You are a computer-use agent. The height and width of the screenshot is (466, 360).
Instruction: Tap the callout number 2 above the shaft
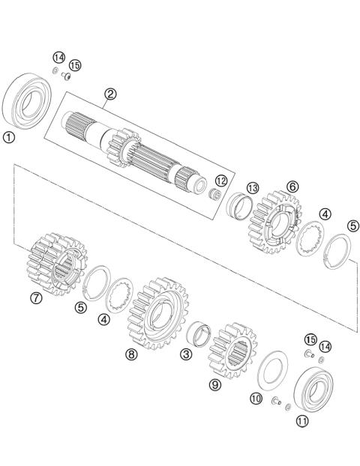point(110,94)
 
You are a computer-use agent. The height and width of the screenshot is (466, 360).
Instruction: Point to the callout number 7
point(36,297)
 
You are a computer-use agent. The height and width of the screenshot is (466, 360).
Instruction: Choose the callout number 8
point(131,354)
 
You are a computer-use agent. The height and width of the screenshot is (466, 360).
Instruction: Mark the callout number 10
point(256,399)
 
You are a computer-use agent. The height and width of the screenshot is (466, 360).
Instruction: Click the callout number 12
point(220,181)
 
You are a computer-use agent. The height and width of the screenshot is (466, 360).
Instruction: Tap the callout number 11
point(302,421)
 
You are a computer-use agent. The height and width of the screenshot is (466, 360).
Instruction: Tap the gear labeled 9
point(231,350)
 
